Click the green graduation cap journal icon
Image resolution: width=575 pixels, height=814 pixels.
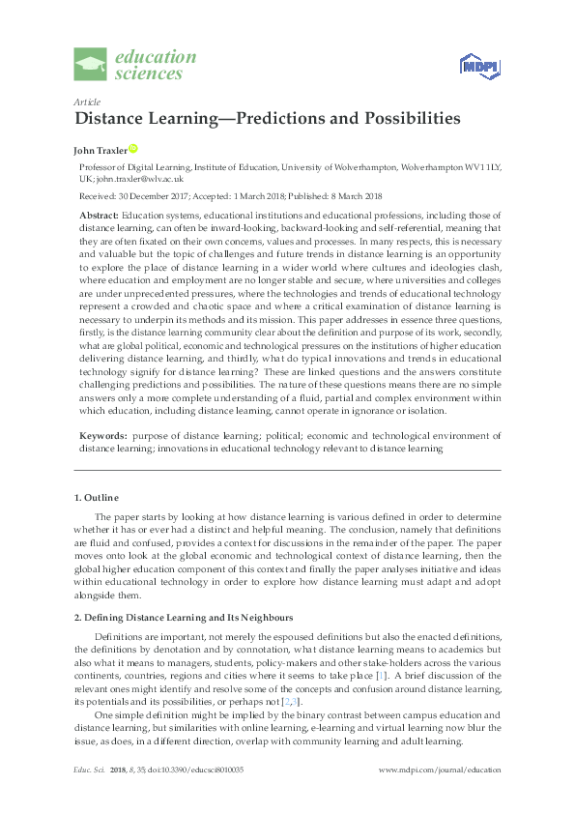[92, 65]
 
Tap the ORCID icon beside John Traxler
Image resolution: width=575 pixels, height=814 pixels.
[133, 149]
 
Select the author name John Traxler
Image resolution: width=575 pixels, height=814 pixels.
[100, 150]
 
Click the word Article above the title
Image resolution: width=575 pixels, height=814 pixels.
[85, 102]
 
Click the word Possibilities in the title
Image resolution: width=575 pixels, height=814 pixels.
[399, 119]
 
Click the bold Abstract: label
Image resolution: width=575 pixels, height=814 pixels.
[99, 213]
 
